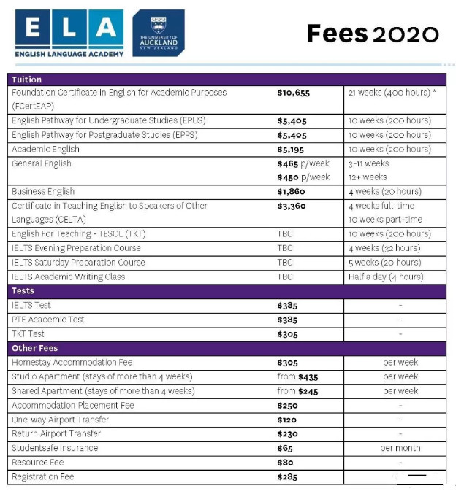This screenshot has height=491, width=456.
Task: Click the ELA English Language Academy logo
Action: pyautogui.click(x=69, y=34)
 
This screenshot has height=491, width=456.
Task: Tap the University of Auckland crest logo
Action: pyautogui.click(x=159, y=34)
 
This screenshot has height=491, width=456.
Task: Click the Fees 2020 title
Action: pyautogui.click(x=372, y=34)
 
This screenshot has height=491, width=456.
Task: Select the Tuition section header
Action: pyautogui.click(x=27, y=79)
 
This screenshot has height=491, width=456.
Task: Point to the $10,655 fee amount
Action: pyautogui.click(x=294, y=93)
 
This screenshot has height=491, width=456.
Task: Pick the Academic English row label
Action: pyautogui.click(x=45, y=149)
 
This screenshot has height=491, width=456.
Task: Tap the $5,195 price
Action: pyautogui.click(x=292, y=149)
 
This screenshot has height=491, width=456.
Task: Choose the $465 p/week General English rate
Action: pyautogui.click(x=303, y=163)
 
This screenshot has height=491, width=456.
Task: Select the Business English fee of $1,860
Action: pyautogui.click(x=292, y=191)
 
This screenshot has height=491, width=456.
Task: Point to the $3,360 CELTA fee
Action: pyautogui.click(x=292, y=206)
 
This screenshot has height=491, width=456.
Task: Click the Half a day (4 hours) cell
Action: pyautogui.click(x=386, y=277)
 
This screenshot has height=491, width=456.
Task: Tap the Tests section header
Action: pyautogui.click(x=23, y=291)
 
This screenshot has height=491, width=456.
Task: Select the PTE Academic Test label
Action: pyautogui.click(x=48, y=320)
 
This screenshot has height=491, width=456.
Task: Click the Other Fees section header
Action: pyautogui.click(x=34, y=348)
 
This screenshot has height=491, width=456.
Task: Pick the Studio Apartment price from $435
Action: pyautogui.click(x=297, y=377)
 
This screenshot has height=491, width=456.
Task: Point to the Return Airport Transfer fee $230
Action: pyautogui.click(x=288, y=434)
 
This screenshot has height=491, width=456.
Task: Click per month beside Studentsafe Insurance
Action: pyautogui.click(x=400, y=448)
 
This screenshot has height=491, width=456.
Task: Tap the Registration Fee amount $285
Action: pyautogui.click(x=288, y=476)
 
